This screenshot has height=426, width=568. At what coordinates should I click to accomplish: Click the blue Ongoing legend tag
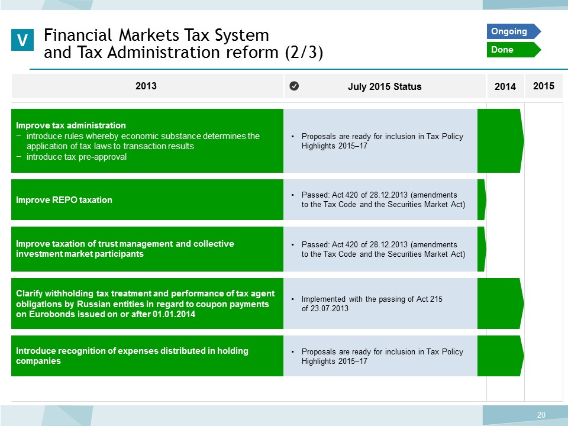point(514,31)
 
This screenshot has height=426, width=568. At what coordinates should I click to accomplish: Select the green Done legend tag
point(514,50)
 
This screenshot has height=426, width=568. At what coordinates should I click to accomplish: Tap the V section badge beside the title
point(22,40)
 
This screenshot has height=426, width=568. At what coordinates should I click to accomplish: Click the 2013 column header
point(146,86)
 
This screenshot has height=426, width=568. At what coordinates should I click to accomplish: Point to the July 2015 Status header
point(385,86)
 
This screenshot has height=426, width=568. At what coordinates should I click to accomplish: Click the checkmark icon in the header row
point(294,86)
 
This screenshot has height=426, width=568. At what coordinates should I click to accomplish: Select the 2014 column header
point(505,86)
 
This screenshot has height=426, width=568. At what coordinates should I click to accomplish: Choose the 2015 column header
point(543,86)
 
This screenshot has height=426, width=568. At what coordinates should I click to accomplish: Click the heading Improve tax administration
point(71,125)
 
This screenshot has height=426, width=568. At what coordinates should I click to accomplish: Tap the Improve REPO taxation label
point(64,200)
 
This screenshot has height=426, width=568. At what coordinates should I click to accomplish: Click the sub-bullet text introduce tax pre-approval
point(76,157)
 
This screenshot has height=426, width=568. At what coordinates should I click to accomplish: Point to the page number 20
point(541,415)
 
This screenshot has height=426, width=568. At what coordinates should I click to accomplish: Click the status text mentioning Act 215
point(372,304)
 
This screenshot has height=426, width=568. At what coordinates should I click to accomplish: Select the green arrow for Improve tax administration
point(501,141)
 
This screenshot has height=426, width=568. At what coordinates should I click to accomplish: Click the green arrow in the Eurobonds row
point(501,304)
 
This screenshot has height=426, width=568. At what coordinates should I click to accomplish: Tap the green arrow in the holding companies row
point(501,356)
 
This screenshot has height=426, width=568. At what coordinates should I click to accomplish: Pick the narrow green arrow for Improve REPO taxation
point(482,199)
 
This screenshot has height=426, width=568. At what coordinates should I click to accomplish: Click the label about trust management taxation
point(125,248)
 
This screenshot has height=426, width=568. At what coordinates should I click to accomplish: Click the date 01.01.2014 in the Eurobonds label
point(174,314)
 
